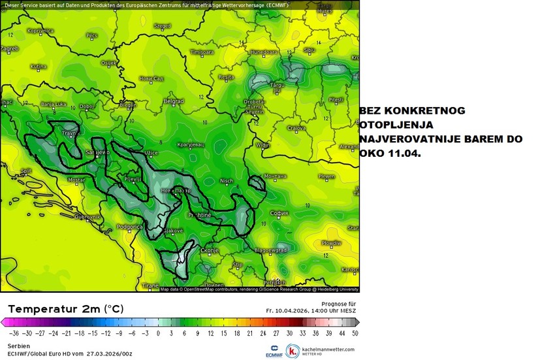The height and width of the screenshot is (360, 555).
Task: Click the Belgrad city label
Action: [x=173, y=101]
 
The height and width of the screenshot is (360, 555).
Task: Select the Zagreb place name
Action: [x=9, y=48]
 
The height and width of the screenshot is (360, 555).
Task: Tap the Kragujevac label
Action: [x=191, y=144]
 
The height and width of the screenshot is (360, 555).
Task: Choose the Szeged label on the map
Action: [x=162, y=26]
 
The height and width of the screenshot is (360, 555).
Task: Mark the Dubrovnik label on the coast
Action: [x=86, y=216]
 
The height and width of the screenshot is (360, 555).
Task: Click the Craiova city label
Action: [x=297, y=128]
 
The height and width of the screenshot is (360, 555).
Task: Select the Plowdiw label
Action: [x=332, y=242]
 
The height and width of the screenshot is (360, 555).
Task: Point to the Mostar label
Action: [x=76, y=179]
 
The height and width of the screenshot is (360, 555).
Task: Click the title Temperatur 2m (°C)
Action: [x=65, y=308]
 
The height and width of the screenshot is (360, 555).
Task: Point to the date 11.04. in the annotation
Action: [x=404, y=153]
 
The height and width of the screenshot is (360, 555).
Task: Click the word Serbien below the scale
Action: [x=19, y=345]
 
